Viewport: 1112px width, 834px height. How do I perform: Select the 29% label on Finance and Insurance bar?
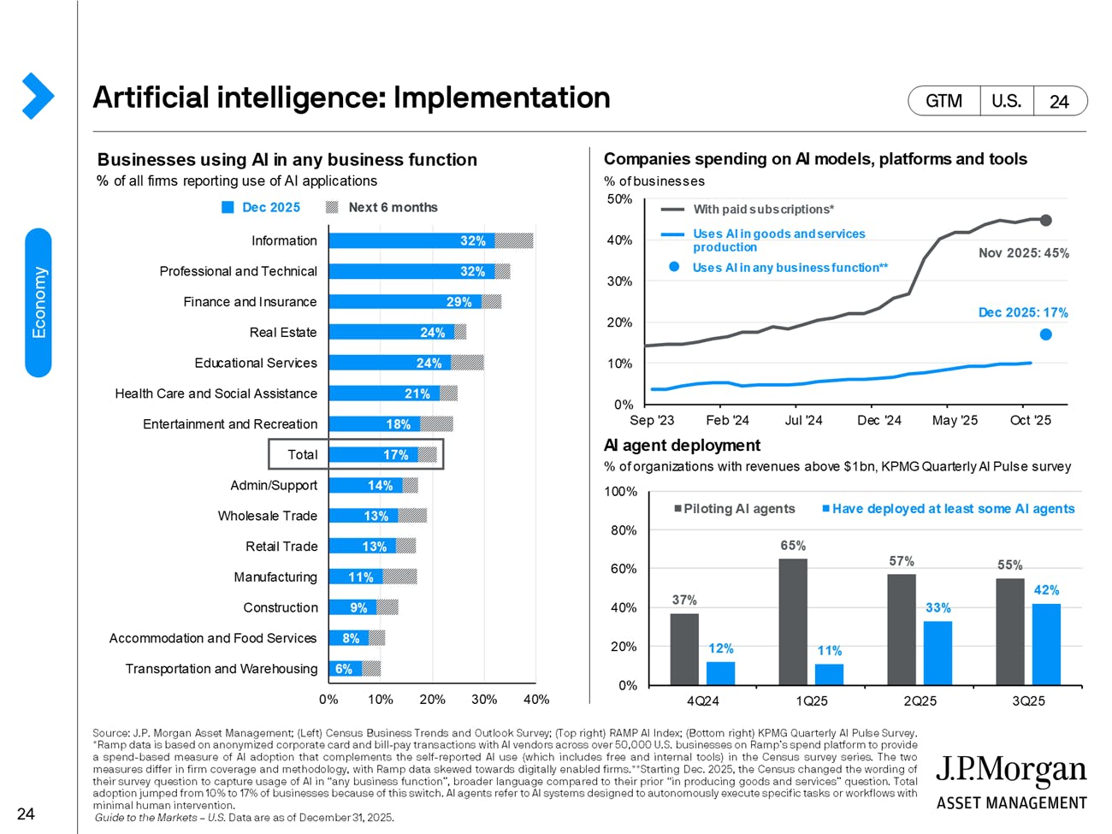[458, 302]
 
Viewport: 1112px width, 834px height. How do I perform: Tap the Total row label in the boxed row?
[302, 455]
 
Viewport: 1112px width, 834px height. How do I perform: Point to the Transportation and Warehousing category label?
[221, 669]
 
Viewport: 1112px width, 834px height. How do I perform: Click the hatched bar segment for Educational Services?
[467, 363]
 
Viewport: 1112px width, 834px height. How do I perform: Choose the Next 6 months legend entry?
[392, 207]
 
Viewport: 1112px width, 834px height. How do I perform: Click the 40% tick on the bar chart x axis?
[535, 700]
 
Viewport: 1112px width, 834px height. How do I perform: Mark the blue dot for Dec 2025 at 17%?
[1045, 334]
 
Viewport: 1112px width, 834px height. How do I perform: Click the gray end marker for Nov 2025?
[1045, 220]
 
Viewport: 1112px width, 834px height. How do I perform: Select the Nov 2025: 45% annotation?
[1023, 253]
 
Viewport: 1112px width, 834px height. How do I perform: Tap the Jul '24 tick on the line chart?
[803, 420]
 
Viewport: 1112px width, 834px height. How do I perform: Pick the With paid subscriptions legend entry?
[763, 210]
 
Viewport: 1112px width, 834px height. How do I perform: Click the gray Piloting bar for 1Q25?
[793, 622]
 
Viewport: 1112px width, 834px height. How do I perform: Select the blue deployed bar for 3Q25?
[1046, 644]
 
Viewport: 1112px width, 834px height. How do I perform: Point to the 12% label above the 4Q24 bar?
[720, 648]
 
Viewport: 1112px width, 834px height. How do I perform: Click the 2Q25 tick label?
[920, 701]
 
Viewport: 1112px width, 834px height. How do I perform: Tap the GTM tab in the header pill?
[943, 101]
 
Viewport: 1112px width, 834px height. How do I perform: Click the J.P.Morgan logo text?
[1010, 772]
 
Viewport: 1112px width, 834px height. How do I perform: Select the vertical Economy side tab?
[38, 303]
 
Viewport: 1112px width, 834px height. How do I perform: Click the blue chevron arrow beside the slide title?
[38, 96]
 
